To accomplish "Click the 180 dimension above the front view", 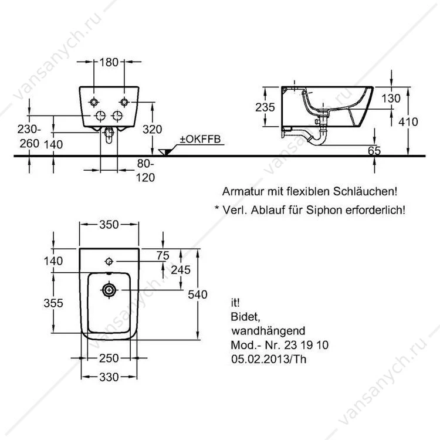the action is click(x=109, y=62).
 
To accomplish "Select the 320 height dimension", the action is click(x=152, y=130).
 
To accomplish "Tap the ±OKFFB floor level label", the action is click(x=201, y=139).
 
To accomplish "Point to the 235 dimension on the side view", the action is click(x=265, y=107).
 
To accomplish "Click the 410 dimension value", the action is click(x=408, y=122).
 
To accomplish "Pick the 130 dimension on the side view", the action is click(x=391, y=99).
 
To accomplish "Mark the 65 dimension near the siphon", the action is click(x=374, y=151).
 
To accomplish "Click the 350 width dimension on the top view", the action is click(x=109, y=225).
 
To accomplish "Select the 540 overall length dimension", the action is click(x=198, y=295).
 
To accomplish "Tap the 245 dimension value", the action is click(x=181, y=270).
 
